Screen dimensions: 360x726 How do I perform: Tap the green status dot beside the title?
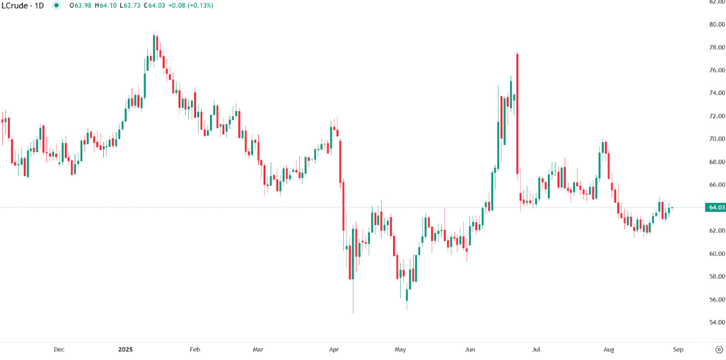56,5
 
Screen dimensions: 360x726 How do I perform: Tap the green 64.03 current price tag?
716,207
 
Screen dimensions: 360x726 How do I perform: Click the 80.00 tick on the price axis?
717,24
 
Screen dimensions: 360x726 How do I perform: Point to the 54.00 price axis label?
717,323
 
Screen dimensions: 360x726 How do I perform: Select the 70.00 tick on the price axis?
717,139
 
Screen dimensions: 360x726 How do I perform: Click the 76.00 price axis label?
717,70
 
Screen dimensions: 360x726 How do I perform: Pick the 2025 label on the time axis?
126,350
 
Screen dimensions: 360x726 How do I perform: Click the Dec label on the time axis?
59,350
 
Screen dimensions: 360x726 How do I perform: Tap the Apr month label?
333,350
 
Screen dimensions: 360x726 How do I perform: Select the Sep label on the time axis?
678,350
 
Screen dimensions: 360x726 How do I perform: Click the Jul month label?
537,350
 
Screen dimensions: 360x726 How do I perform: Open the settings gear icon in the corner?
718,350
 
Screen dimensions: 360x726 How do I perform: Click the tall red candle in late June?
518,114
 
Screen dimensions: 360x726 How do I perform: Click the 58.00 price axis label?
717,277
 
